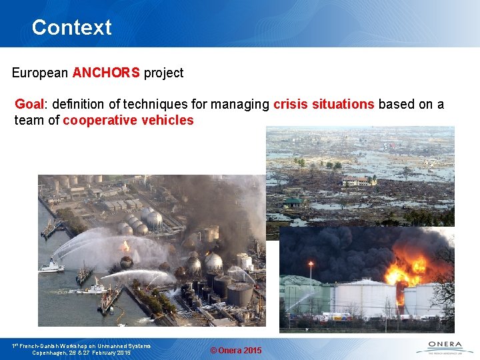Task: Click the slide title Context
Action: coord(71,27)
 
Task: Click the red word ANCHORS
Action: coord(106,73)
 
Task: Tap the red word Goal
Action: coord(29,105)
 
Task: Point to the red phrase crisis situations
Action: coord(323,105)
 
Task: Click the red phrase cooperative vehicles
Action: coord(128,121)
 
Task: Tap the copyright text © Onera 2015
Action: coord(236,351)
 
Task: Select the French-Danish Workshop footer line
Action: coord(81,345)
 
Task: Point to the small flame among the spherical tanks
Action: coord(125,247)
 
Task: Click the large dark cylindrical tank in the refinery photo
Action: coord(239,293)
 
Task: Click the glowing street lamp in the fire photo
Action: coord(311,265)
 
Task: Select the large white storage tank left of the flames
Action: coord(363,298)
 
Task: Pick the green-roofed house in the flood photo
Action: coord(292,202)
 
